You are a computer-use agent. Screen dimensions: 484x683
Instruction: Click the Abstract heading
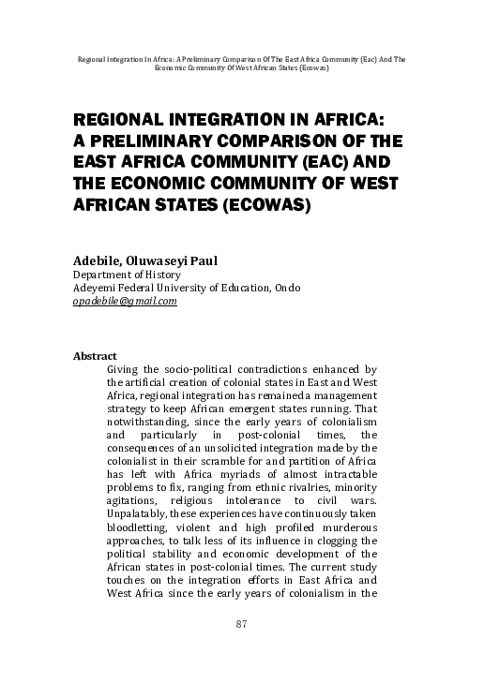click(x=95, y=357)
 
